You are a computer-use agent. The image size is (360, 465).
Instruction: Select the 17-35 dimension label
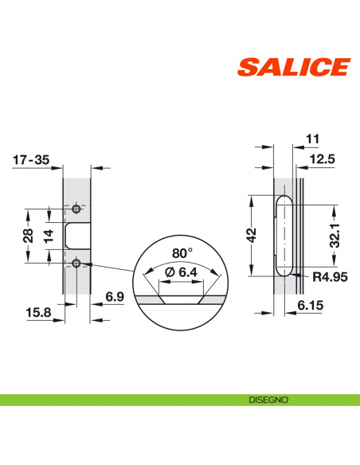point(31,159)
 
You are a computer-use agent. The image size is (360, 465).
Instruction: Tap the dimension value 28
point(26,236)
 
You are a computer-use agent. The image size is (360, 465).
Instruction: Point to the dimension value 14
point(49,236)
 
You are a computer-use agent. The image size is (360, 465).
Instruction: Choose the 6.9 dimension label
point(115,297)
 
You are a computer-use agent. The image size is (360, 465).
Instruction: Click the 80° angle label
point(182,252)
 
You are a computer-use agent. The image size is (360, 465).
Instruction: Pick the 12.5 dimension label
point(321,159)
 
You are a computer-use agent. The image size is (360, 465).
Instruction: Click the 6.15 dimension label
point(310,305)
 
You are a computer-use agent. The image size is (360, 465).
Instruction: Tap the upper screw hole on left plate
point(76,209)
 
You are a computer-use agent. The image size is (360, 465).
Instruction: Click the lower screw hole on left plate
point(76,263)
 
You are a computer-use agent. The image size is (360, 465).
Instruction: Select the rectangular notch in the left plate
point(76,236)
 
